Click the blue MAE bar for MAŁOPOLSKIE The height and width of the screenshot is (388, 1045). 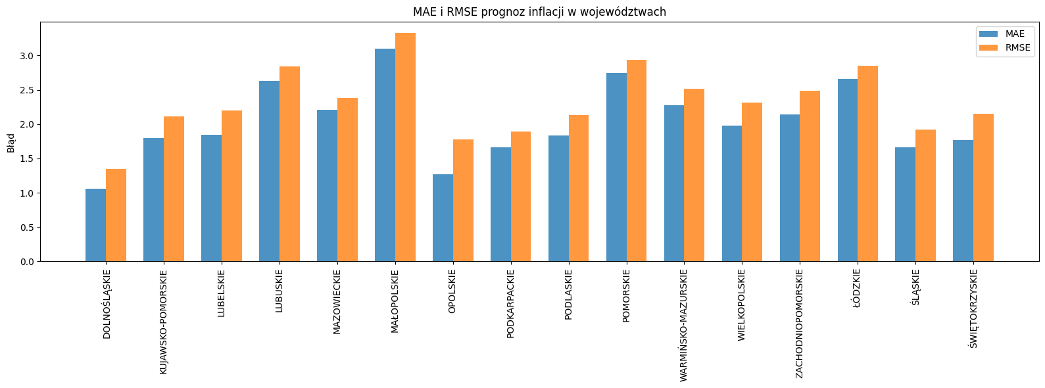[x=385, y=155]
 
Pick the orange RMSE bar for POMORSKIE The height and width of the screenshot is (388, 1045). [x=637, y=160]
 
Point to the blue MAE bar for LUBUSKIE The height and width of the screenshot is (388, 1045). [x=269, y=171]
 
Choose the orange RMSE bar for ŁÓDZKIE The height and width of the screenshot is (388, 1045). [x=867, y=164]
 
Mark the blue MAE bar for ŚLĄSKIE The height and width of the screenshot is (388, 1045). [x=905, y=205]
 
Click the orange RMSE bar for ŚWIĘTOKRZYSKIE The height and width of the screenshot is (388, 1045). [x=983, y=187]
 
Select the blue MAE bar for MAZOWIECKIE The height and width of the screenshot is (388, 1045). [x=327, y=185]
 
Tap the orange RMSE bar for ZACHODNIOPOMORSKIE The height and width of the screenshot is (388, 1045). [x=810, y=176]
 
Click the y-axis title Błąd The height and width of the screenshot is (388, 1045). [x=11, y=142]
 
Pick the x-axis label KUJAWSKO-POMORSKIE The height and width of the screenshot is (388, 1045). [x=164, y=322]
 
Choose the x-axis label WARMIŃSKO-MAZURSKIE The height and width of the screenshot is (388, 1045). [x=683, y=325]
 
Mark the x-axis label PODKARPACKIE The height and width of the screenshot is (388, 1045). [x=511, y=303]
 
